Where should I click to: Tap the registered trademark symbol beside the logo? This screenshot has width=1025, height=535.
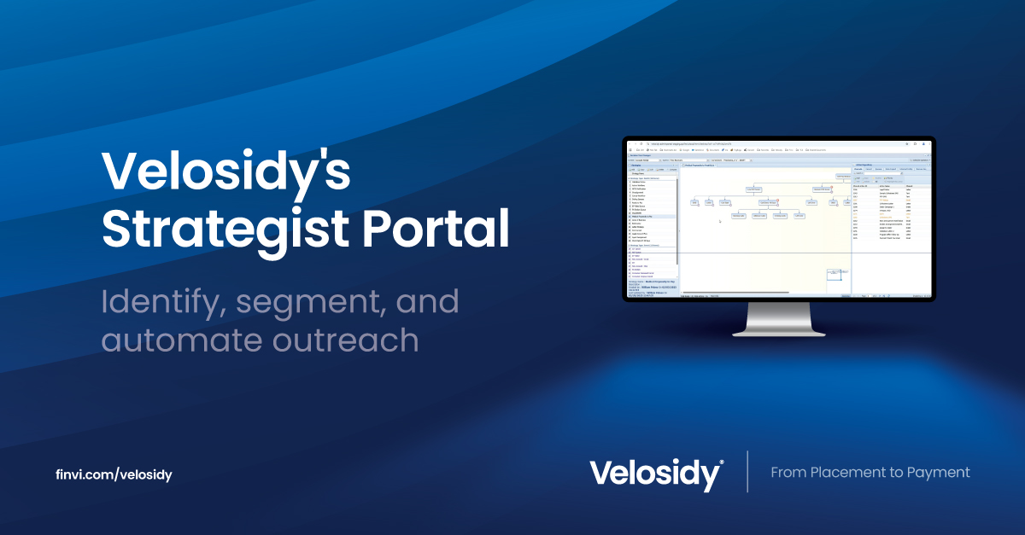pos(722,462)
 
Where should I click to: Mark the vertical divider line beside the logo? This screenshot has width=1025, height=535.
pos(747,472)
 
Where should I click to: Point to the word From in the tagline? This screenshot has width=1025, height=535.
pos(788,472)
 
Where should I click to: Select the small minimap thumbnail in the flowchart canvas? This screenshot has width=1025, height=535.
pos(835,274)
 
